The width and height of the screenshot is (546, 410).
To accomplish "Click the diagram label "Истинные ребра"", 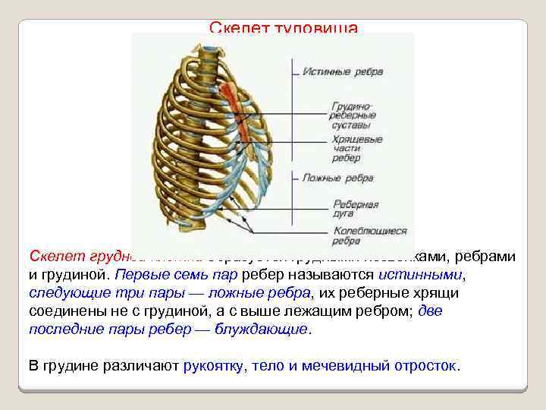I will tap(343, 72).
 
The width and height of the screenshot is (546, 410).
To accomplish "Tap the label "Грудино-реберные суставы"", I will tap(353, 115).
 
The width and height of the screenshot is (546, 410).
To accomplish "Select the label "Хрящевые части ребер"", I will tap(356, 149).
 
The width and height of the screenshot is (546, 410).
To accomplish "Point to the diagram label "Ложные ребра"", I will tap(337, 178).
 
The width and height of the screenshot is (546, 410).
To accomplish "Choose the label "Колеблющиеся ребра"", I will tap(369, 235).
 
